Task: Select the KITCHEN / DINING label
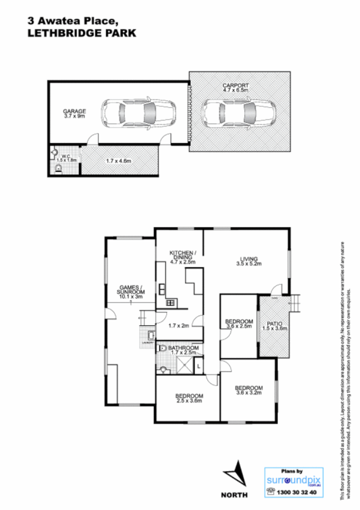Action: pos(181,256)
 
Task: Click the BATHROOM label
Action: pos(183,349)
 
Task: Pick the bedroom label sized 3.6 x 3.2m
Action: pos(249,390)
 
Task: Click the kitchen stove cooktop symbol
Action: pos(170,302)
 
